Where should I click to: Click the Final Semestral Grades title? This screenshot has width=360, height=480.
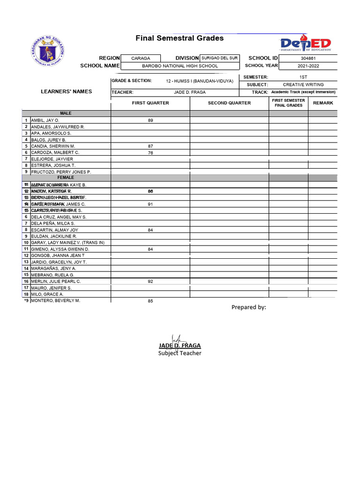(180, 38)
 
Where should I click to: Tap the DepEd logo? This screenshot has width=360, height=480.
(306, 43)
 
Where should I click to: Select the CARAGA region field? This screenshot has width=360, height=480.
(141, 58)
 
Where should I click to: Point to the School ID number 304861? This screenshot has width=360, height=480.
(308, 58)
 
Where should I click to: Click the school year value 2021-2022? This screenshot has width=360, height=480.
(308, 66)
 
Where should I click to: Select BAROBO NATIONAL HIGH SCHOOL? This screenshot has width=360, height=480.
(180, 66)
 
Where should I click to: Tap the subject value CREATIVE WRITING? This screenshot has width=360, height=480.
(303, 85)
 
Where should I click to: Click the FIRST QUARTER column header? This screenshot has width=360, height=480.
(150, 103)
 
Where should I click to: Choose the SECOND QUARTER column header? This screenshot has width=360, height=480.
(229, 103)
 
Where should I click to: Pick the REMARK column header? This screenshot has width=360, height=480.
(323, 103)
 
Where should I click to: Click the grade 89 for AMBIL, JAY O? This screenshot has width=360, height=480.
(150, 120)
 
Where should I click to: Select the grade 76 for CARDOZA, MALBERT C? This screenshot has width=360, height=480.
(150, 153)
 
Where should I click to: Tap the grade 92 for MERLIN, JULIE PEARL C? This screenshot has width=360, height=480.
(150, 282)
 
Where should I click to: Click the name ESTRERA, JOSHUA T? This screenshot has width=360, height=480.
(53, 165)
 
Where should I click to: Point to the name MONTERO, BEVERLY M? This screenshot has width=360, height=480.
(55, 300)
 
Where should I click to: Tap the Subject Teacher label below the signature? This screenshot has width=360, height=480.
(180, 353)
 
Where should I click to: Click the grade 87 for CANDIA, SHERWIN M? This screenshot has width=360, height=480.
(150, 146)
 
